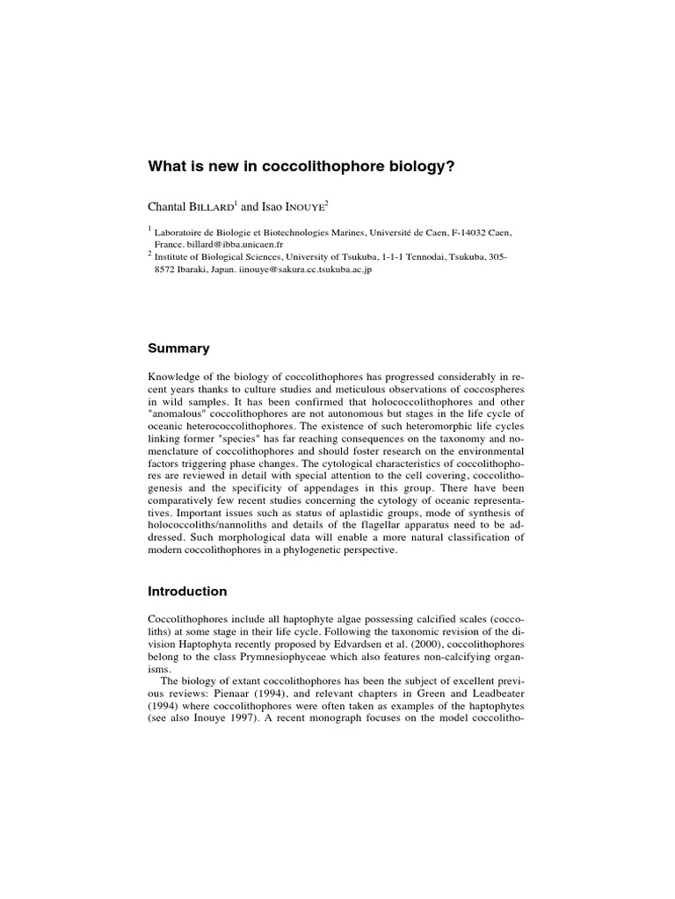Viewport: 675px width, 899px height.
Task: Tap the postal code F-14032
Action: tap(456, 232)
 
